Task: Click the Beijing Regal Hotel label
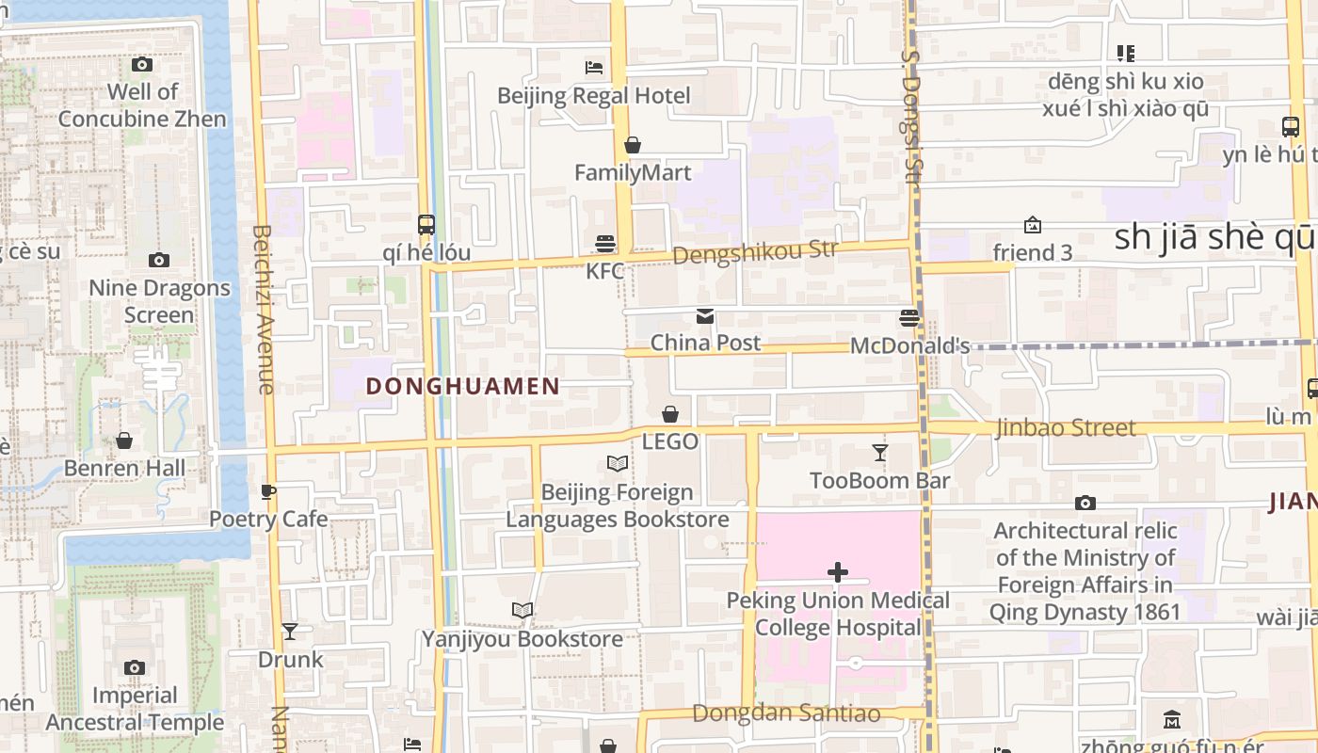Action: tap(593, 96)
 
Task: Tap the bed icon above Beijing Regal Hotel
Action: tap(594, 67)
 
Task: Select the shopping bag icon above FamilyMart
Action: tap(633, 145)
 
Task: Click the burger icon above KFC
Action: tap(605, 244)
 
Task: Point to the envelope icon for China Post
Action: tap(705, 315)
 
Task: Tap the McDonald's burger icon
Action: tap(909, 318)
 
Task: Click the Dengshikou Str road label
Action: tap(755, 252)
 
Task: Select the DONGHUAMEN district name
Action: tap(462, 386)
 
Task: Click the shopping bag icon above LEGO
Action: tap(670, 414)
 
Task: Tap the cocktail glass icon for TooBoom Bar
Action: tap(879, 453)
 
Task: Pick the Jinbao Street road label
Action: tap(1066, 428)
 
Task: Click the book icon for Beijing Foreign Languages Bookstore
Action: tap(618, 464)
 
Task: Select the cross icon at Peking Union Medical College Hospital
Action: tap(837, 572)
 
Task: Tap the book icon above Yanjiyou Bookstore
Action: tap(522, 611)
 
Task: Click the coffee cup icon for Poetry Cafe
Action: tap(268, 491)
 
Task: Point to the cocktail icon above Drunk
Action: tap(290, 632)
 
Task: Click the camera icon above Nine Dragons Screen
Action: tap(159, 260)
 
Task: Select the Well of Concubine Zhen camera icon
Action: tap(142, 64)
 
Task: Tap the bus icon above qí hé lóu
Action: tap(426, 225)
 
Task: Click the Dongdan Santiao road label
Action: tap(786, 713)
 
